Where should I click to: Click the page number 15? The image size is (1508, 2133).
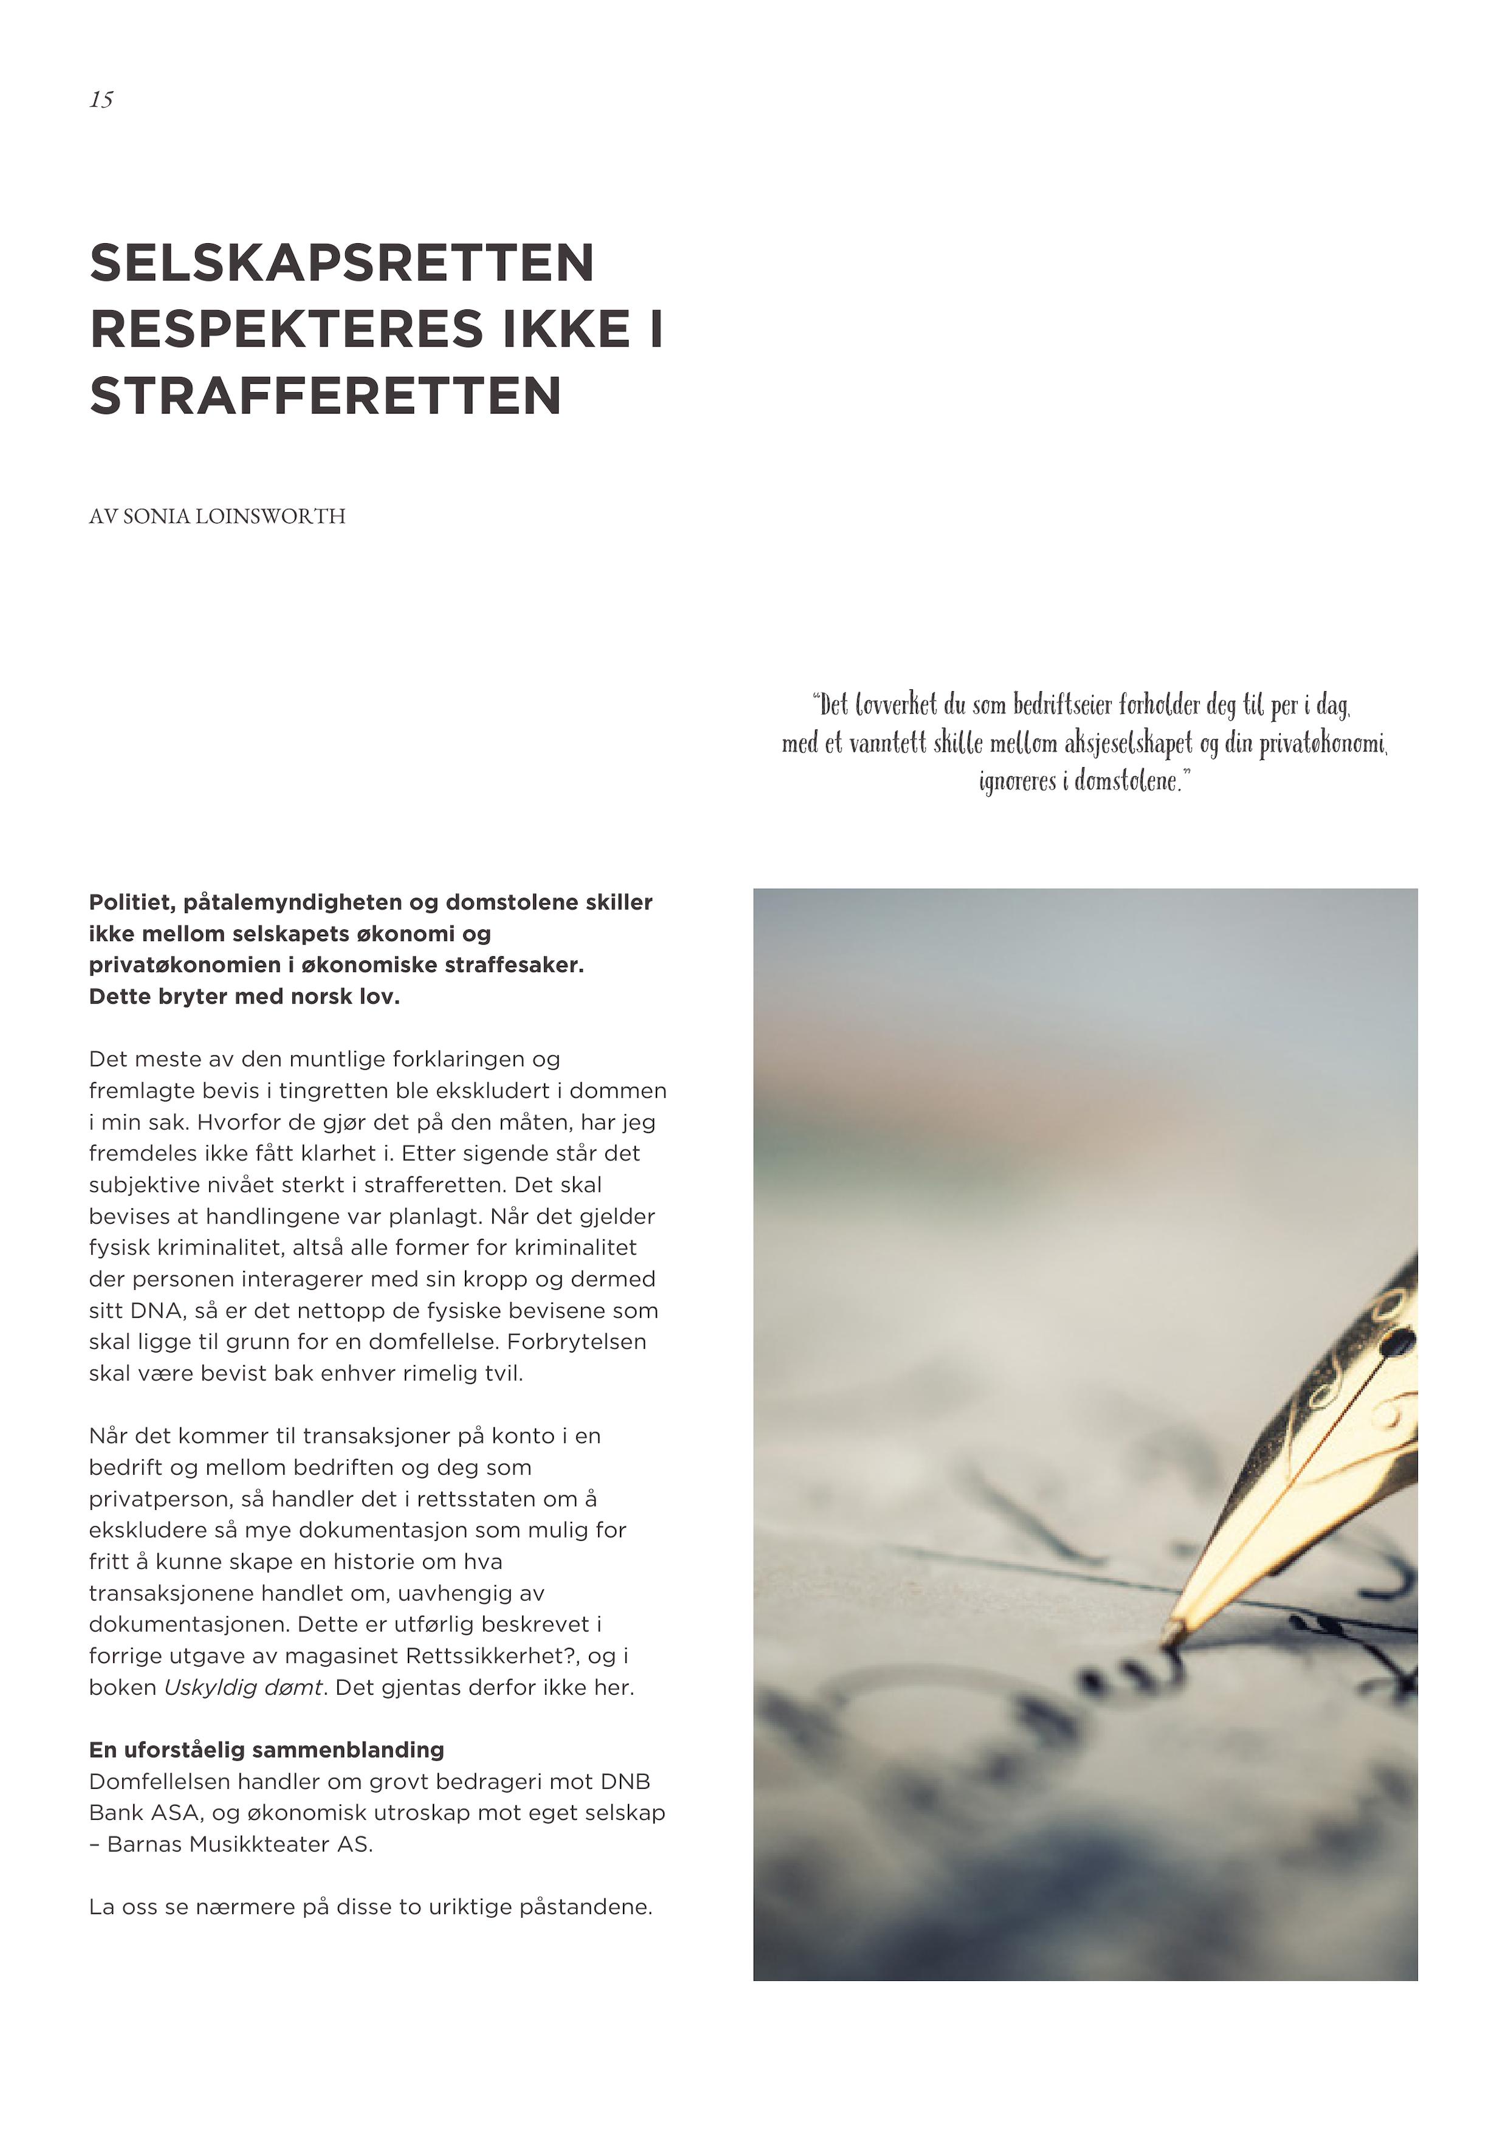point(102,100)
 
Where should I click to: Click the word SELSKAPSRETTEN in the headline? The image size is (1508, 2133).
point(342,263)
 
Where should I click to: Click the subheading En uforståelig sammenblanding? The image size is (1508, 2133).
point(267,1750)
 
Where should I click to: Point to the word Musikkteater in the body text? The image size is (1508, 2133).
point(253,1844)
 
